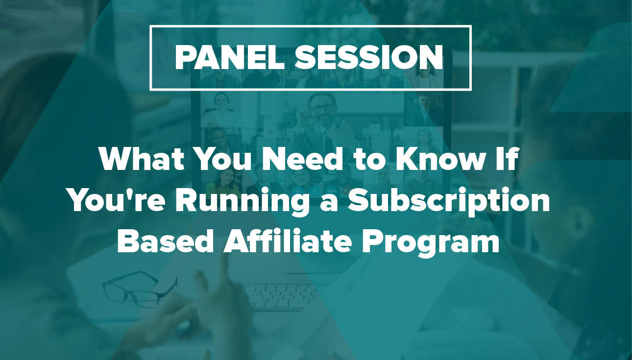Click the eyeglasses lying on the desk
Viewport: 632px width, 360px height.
pos(140,289)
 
